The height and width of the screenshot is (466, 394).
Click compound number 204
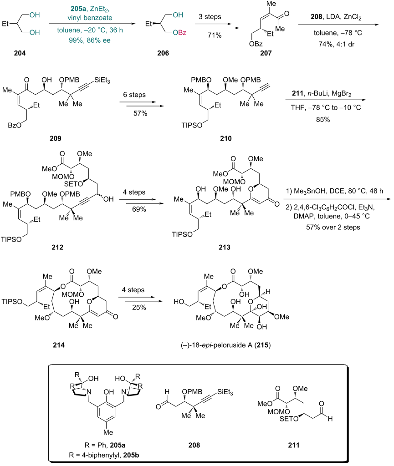tap(20, 53)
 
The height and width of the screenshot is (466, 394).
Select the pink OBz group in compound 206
tap(179, 33)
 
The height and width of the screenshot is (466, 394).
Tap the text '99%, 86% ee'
tap(90, 41)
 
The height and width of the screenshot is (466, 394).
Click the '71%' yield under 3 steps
tap(215, 35)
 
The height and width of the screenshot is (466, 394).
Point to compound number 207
tap(266, 53)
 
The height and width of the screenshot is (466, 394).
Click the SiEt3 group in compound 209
tap(102, 80)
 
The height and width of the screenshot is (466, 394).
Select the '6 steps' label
tap(134, 95)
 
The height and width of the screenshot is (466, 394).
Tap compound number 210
tap(225, 138)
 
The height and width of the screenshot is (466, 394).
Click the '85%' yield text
tap(323, 120)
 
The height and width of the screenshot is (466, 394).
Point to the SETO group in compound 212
tap(73, 184)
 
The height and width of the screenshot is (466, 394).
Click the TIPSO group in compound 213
tap(182, 234)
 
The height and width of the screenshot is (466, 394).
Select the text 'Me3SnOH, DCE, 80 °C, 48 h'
tap(338, 191)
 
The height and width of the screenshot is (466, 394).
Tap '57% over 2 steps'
tap(333, 228)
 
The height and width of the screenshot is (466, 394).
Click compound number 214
tap(59, 345)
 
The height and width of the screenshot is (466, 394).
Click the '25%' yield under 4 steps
tap(139, 308)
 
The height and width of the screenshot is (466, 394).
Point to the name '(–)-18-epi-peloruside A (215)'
tap(225, 345)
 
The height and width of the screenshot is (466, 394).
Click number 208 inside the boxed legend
tap(194, 445)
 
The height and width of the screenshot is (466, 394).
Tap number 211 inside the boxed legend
tap(293, 445)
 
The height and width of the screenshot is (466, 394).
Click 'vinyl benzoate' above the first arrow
tap(90, 18)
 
